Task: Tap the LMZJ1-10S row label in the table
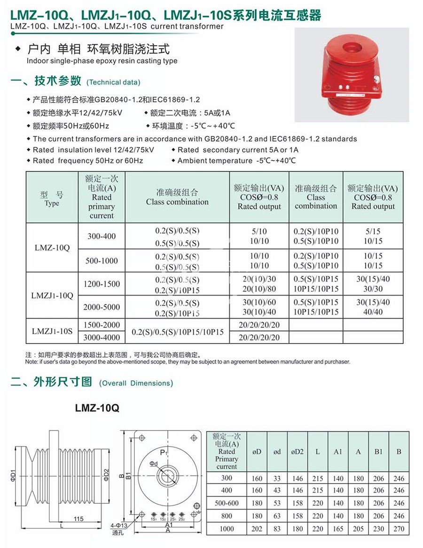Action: pos(52,331)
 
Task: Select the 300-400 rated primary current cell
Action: pos(102,236)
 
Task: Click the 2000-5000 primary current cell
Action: pos(102,307)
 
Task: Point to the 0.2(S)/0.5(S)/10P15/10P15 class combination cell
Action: pos(178,332)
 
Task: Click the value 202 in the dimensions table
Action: pos(257,529)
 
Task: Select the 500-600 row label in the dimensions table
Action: pos(227,503)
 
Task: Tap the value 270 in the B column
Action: pos(399,529)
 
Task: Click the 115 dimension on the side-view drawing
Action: pos(78,519)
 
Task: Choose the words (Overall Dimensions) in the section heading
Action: pos(136,383)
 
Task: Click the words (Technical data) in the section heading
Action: pos(113,82)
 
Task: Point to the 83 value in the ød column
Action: pos(277,529)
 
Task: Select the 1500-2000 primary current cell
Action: pos(102,325)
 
